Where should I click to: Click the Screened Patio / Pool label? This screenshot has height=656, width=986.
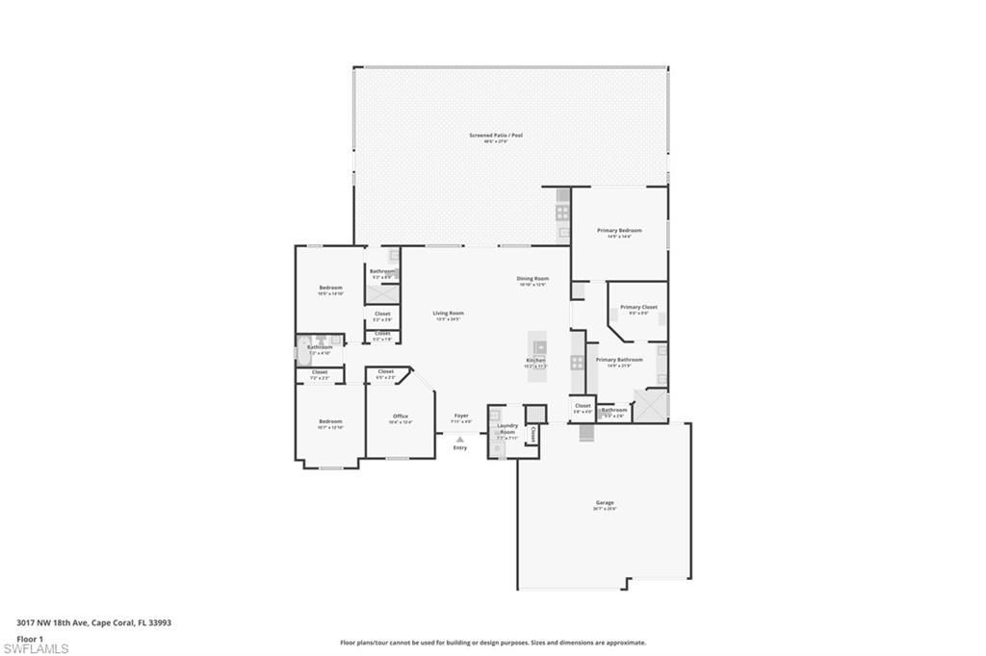[496, 136]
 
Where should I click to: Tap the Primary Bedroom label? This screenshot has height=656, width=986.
[619, 231]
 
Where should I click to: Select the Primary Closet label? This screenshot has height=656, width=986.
[638, 308]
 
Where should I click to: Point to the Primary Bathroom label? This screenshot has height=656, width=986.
[619, 360]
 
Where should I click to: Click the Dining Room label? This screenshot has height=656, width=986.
[532, 279]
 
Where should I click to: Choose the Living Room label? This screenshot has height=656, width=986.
[448, 313]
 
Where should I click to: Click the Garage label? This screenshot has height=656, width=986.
[605, 503]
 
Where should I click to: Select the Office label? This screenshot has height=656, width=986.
[401, 416]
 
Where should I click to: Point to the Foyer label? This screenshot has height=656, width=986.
[460, 416]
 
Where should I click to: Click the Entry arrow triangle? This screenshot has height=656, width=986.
[460, 440]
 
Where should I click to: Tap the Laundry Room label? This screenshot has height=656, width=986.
[507, 428]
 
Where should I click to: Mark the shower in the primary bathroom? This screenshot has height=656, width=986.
[651, 405]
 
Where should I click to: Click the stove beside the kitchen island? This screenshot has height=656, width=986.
[577, 363]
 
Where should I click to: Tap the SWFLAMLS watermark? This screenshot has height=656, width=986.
[36, 648]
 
